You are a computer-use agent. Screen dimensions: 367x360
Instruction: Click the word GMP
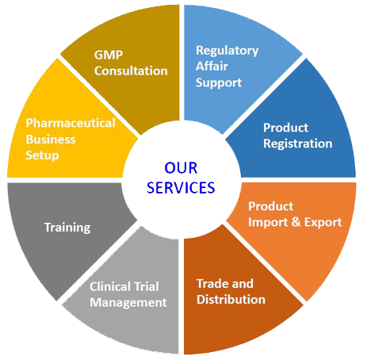tap(109, 55)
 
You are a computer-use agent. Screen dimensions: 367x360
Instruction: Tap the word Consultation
tap(131, 71)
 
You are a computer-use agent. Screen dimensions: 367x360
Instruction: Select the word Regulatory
tap(227, 52)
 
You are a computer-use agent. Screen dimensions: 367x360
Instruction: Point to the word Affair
tap(212, 66)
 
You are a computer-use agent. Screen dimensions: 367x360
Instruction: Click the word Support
tap(219, 83)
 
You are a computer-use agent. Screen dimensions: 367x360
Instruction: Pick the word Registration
tap(298, 144)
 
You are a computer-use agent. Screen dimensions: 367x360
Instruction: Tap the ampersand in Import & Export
tap(296, 222)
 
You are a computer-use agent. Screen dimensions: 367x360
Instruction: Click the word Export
tap(323, 222)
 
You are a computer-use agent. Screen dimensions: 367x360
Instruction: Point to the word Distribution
tap(231, 300)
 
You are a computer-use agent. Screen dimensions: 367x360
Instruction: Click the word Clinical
tap(110, 286)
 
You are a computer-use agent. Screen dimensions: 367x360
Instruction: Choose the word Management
tap(128, 303)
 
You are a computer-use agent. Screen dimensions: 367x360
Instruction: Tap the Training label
tap(67, 228)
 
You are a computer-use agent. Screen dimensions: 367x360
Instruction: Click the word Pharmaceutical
tap(71, 123)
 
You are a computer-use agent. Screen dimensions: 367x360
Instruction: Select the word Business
tap(51, 140)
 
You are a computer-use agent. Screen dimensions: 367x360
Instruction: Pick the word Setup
tap(42, 155)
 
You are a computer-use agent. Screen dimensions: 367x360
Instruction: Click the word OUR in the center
tap(181, 168)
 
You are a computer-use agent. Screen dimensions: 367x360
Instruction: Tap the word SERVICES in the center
tap(181, 188)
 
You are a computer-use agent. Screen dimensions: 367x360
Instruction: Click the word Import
tap(268, 223)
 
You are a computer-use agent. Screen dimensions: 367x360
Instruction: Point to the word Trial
tap(147, 286)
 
